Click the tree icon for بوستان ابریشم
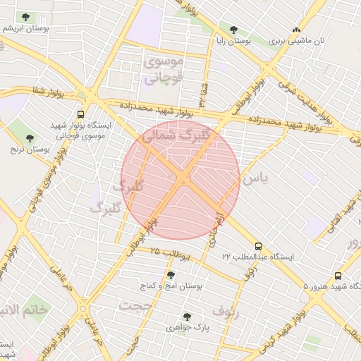(26, 16)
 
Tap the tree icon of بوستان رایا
(233, 30)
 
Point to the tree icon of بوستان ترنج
(29, 138)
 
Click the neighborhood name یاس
(255, 179)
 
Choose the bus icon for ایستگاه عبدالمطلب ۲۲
(259, 246)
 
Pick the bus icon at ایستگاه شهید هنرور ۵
(338, 276)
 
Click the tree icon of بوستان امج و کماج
(171, 274)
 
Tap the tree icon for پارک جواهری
(186, 317)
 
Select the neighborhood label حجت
(135, 305)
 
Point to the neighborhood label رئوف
(225, 311)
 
